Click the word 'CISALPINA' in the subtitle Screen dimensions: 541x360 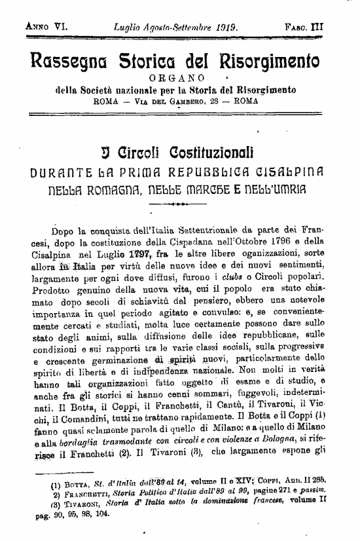(x=292, y=174)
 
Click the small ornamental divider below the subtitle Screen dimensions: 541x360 (x=179, y=205)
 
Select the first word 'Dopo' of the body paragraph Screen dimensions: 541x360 (x=64, y=231)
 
